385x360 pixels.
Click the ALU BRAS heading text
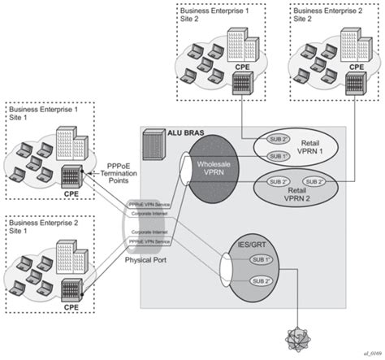pyautogui.click(x=165, y=132)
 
